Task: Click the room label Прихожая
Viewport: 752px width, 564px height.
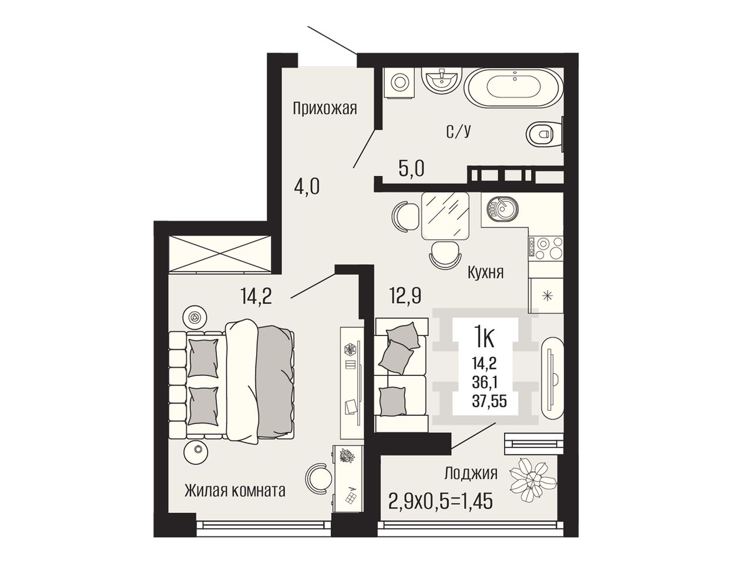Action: [x=325, y=109]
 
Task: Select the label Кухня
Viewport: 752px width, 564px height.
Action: [x=485, y=273]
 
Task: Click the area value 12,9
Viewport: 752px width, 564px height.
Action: [x=405, y=296]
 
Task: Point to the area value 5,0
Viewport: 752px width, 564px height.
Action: [x=411, y=169]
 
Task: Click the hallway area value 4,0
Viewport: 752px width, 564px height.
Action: [x=307, y=187]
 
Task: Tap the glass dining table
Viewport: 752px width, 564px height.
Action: [x=445, y=216]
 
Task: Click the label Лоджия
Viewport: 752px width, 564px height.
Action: [x=471, y=474]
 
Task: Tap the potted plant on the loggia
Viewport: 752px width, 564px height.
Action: [x=532, y=479]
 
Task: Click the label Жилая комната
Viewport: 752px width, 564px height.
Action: [x=235, y=491]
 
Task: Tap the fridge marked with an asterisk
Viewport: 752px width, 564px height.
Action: [x=546, y=295]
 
